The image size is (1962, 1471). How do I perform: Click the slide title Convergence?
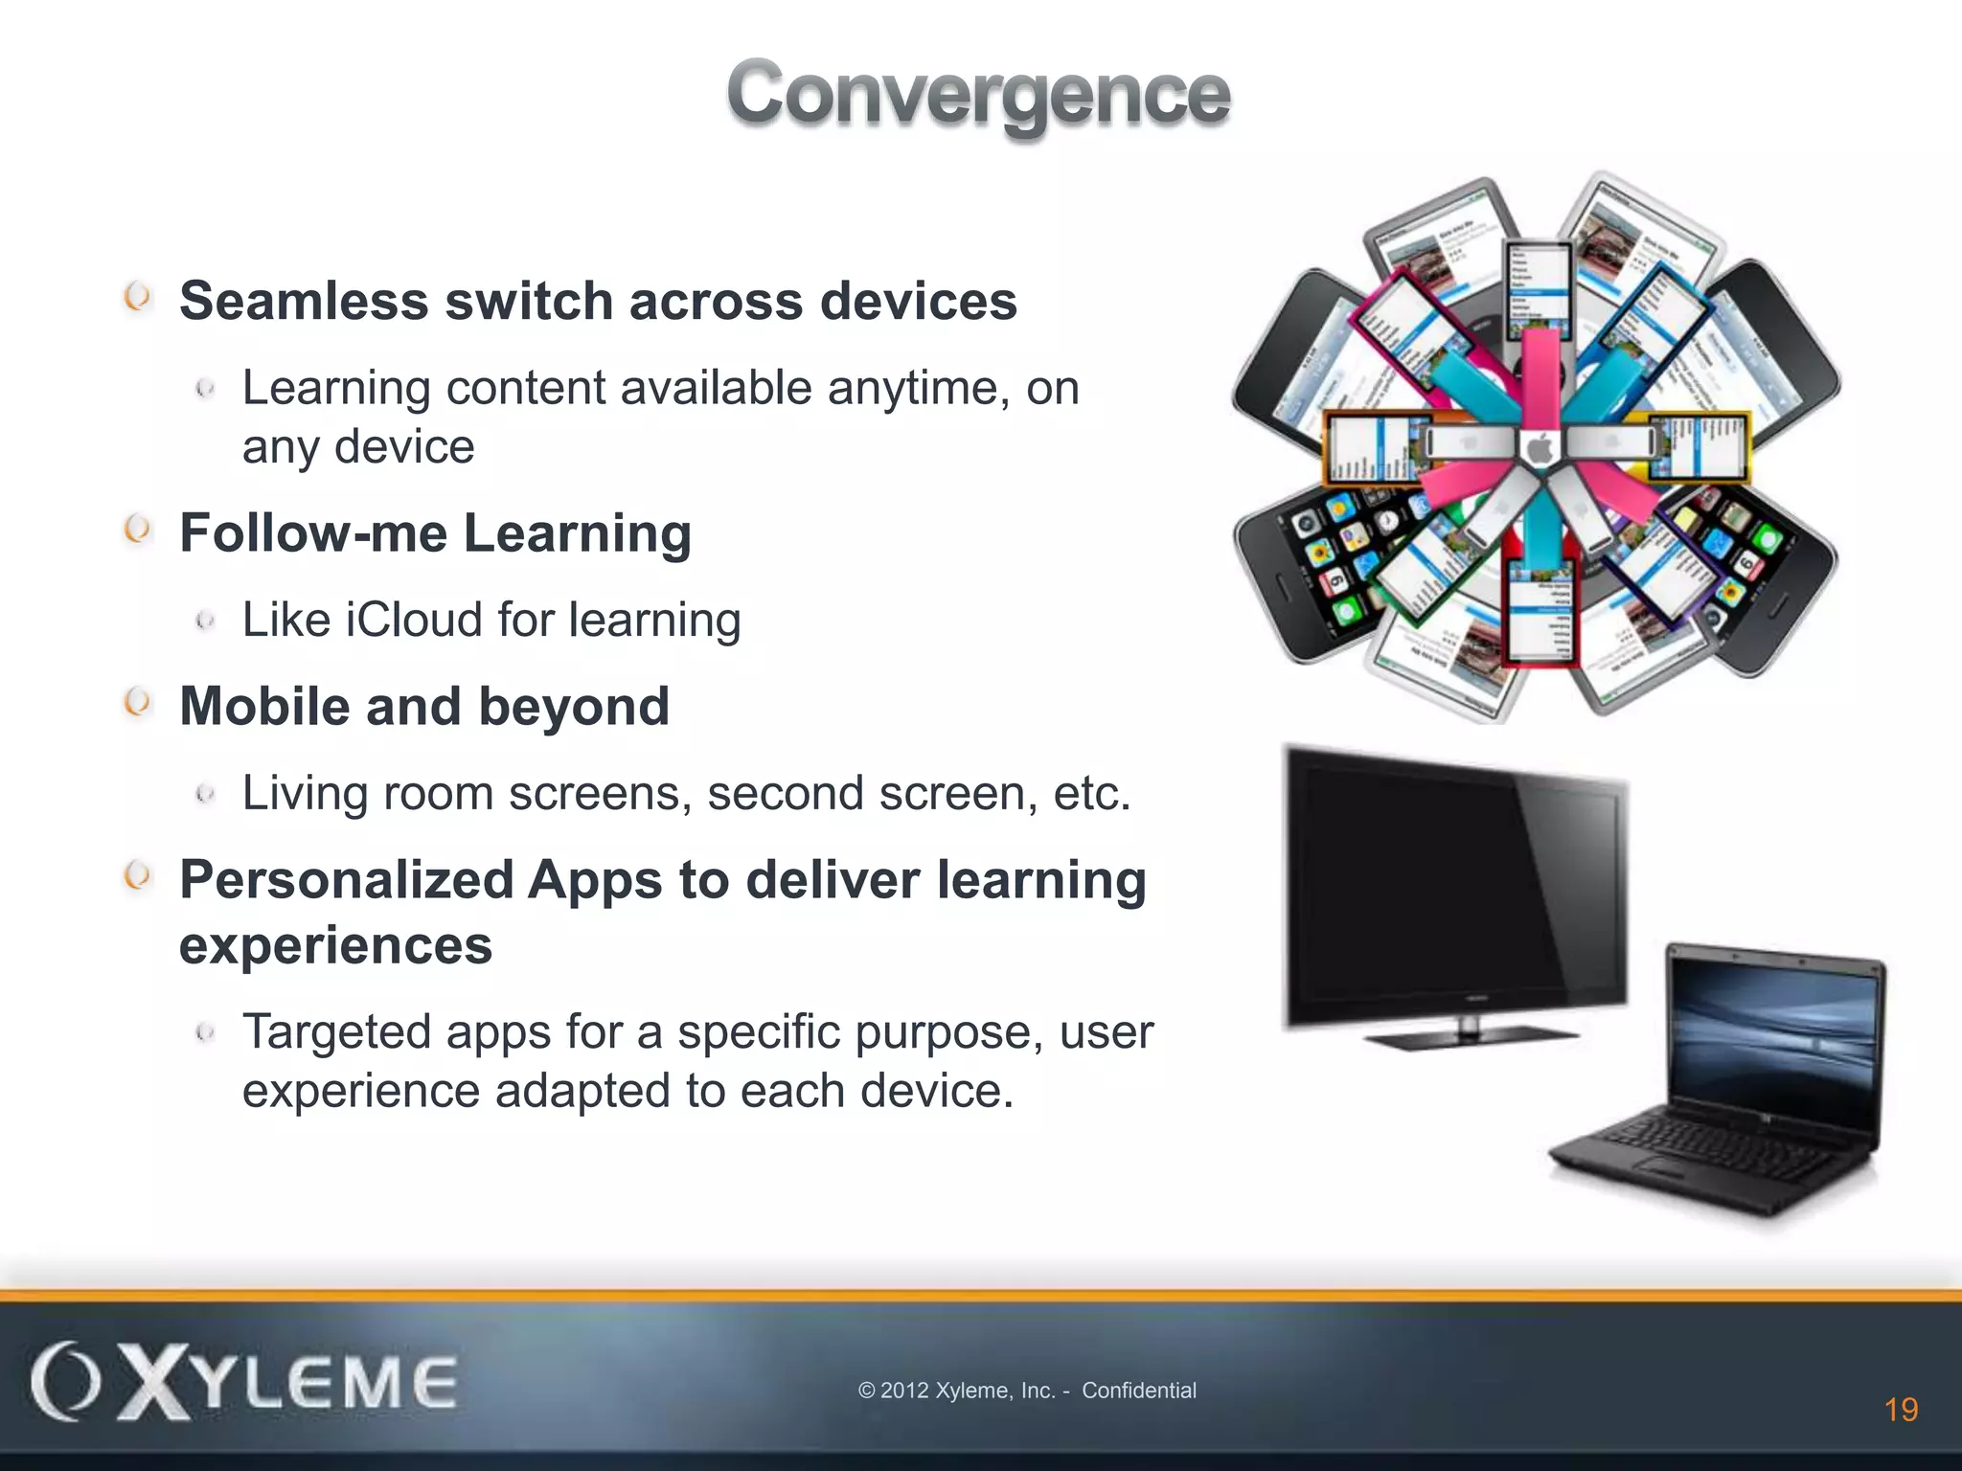pyautogui.click(x=978, y=94)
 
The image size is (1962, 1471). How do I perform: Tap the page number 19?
pyautogui.click(x=1901, y=1410)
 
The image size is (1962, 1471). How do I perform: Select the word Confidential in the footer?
pyautogui.click(x=1139, y=1391)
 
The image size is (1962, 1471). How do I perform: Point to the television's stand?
pyautogui.click(x=1469, y=1035)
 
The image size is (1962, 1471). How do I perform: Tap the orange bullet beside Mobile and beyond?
pyautogui.click(x=138, y=703)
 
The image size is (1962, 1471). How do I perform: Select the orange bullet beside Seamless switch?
pyautogui.click(x=138, y=297)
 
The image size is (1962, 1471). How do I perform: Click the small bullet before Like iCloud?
pyautogui.click(x=204, y=621)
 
